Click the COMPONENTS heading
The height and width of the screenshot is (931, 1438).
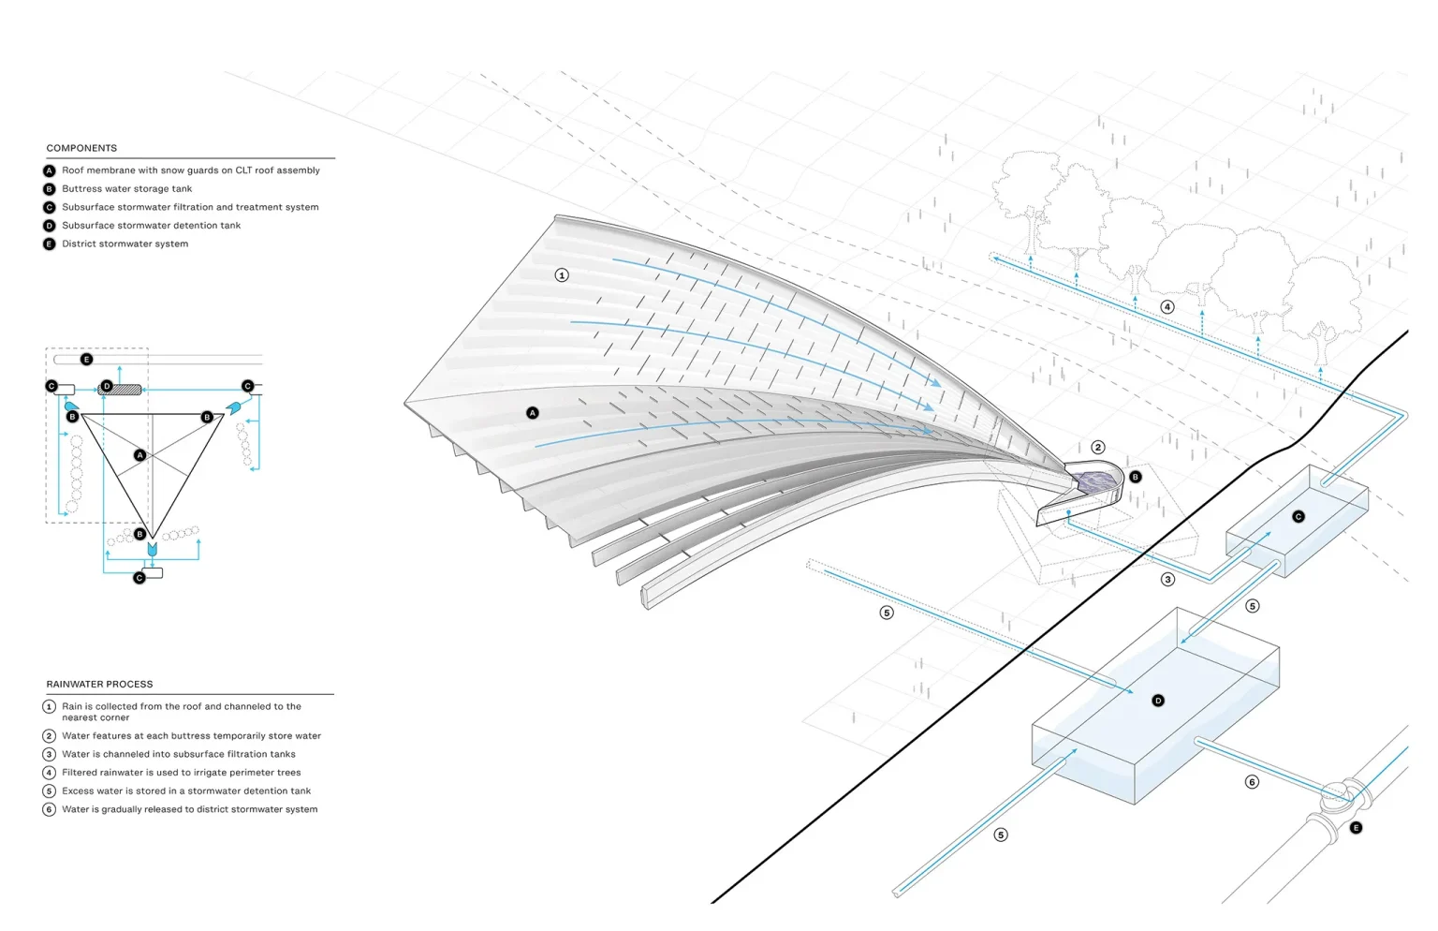pyautogui.click(x=81, y=148)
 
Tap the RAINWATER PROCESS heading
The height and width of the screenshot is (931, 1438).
pyautogui.click(x=99, y=685)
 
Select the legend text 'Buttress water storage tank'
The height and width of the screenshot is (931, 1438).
pyautogui.click(x=127, y=189)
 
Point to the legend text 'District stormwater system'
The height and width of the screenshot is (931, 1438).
pyautogui.click(x=125, y=244)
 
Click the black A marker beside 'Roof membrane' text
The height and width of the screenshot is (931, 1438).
pyautogui.click(x=50, y=170)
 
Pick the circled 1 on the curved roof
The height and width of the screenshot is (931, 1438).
pyautogui.click(x=562, y=275)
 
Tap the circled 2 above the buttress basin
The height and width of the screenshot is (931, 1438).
pyautogui.click(x=1098, y=447)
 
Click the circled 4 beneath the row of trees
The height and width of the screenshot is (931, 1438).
pyautogui.click(x=1167, y=307)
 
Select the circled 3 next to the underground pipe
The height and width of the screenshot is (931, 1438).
pyautogui.click(x=1167, y=580)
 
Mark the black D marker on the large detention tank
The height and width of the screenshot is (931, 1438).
pyautogui.click(x=1158, y=701)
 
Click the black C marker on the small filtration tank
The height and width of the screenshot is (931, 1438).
pyautogui.click(x=1299, y=516)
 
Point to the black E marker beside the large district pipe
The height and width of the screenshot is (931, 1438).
pyautogui.click(x=1356, y=828)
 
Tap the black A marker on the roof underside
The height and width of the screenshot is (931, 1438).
pyautogui.click(x=532, y=413)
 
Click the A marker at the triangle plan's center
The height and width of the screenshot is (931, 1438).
pyautogui.click(x=139, y=455)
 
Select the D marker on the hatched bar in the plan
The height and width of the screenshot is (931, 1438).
pyautogui.click(x=108, y=386)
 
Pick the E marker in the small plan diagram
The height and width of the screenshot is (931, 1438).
pyautogui.click(x=87, y=360)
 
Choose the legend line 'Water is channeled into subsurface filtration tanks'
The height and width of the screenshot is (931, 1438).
pyautogui.click(x=179, y=754)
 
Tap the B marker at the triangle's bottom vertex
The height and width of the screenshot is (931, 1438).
pyautogui.click(x=139, y=534)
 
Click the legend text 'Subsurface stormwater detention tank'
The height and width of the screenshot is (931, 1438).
pyautogui.click(x=152, y=226)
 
